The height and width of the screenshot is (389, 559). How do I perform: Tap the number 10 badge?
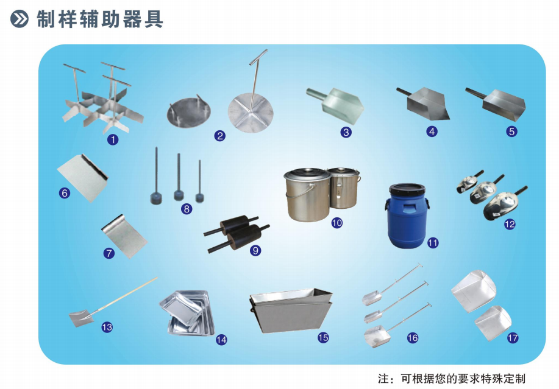click(337, 223)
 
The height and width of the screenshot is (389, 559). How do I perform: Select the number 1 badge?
click(113, 139)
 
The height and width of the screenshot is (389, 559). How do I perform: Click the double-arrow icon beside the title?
click(20, 19)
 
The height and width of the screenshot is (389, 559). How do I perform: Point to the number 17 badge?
click(513, 338)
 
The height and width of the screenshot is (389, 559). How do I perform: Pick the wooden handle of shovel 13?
click(123, 294)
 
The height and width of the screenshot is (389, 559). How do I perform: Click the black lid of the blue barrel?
click(407, 189)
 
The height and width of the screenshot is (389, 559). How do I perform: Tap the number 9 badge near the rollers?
click(255, 251)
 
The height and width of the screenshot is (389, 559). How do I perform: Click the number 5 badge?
click(511, 131)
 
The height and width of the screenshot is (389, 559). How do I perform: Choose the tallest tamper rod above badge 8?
click(156, 176)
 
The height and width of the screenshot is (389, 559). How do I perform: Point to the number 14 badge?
click(221, 340)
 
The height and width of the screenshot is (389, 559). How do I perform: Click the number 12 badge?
click(510, 224)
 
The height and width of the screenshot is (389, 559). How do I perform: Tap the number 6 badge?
click(65, 193)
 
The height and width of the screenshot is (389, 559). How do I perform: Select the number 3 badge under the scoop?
click(346, 132)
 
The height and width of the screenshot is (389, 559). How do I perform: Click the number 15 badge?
click(323, 337)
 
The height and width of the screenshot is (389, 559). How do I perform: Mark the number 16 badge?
click(413, 338)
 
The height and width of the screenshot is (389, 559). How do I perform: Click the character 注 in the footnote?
click(383, 378)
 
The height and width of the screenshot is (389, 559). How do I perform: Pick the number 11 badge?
click(433, 243)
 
